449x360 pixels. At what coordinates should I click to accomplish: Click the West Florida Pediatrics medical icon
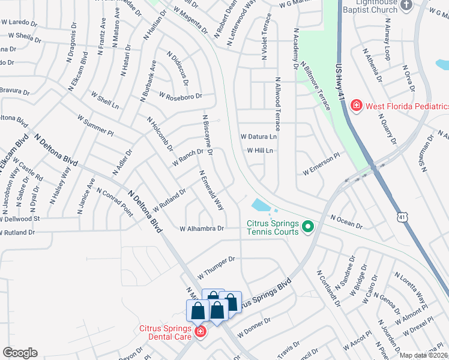[x=357, y=106]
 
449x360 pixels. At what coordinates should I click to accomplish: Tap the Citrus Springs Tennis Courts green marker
[x=309, y=226]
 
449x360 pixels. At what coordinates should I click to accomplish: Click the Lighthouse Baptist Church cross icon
[x=406, y=5]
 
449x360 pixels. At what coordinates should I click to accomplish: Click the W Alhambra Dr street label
[x=202, y=229]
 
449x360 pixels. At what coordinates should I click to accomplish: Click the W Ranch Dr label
[x=187, y=157]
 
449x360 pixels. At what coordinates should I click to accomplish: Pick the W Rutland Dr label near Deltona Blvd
[x=169, y=200]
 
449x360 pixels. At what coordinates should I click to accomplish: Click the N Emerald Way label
[x=212, y=190]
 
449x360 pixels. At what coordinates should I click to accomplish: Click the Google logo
[x=20, y=353]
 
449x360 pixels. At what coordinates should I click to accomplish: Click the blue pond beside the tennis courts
[x=262, y=206]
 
